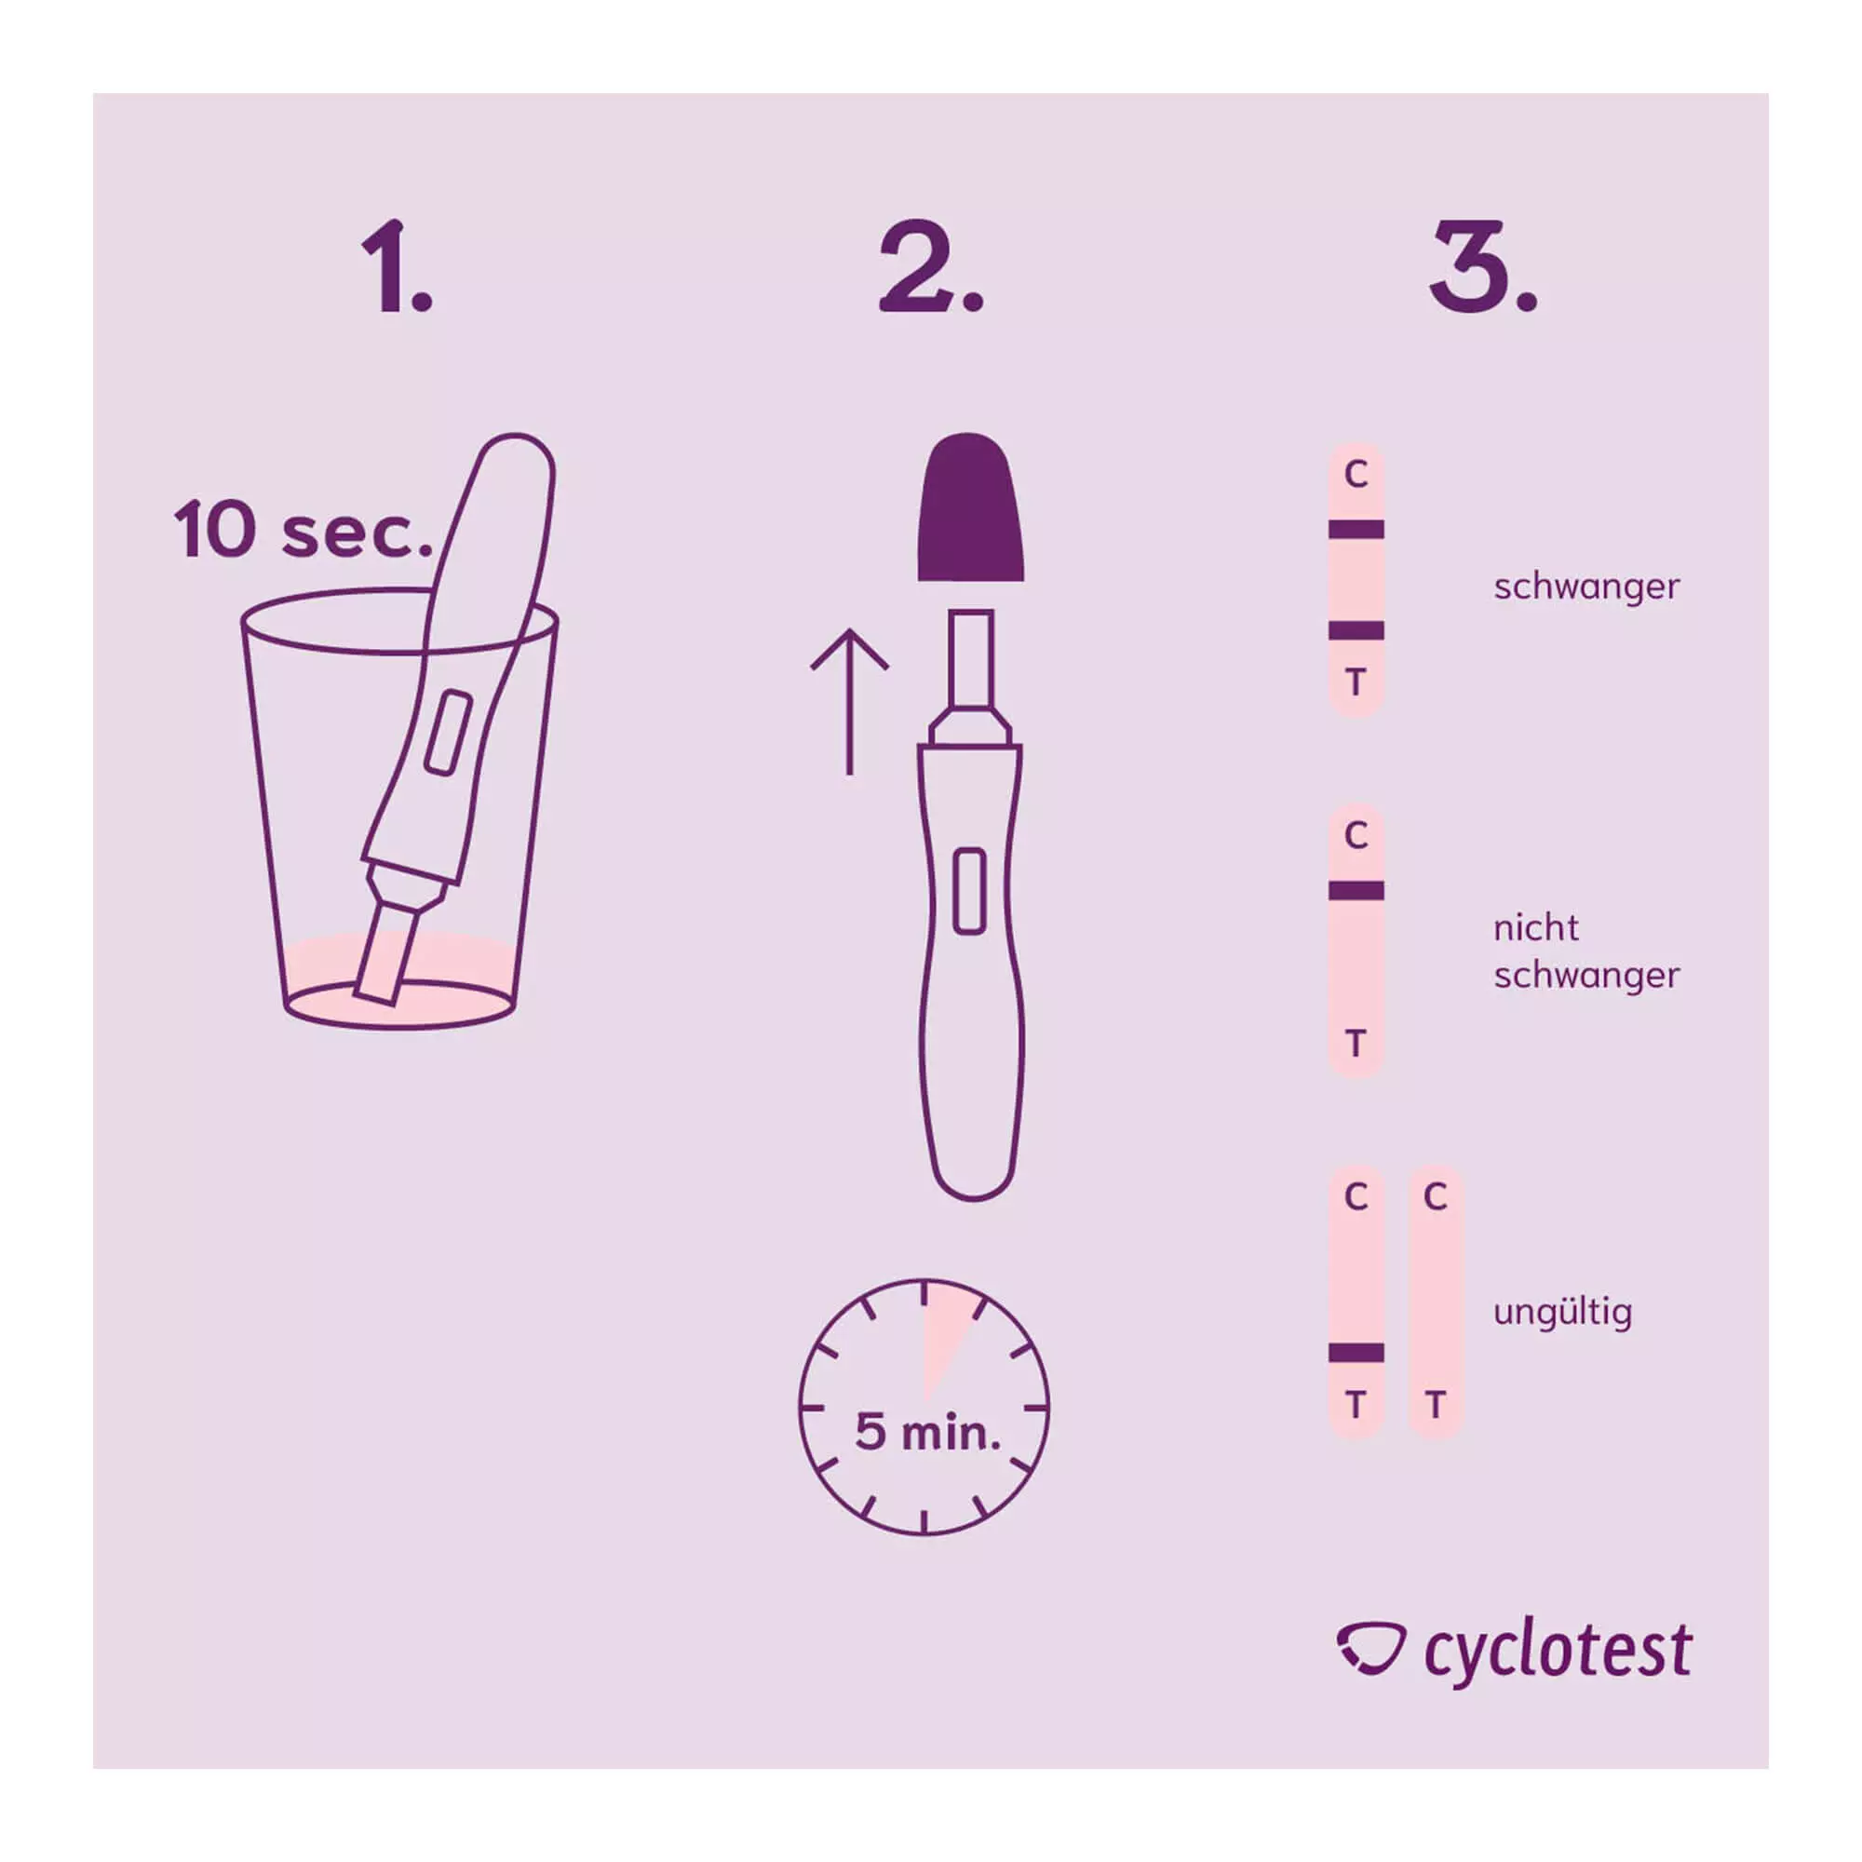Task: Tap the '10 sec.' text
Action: [x=303, y=530]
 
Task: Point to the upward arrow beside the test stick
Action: [x=849, y=702]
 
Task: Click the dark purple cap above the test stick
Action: [x=969, y=507]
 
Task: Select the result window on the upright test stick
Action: [x=969, y=892]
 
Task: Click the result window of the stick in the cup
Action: [x=448, y=732]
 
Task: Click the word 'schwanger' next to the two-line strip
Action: [x=1586, y=587]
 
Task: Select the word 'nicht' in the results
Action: [x=1536, y=928]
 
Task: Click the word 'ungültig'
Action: [x=1562, y=1312]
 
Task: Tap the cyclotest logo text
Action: [x=1558, y=1653]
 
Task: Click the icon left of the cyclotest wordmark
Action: [x=1370, y=1649]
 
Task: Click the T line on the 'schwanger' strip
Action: [x=1356, y=630]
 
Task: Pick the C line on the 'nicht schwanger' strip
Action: [x=1356, y=891]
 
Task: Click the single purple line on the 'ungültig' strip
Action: [x=1356, y=1353]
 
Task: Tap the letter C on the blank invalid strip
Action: [x=1435, y=1197]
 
